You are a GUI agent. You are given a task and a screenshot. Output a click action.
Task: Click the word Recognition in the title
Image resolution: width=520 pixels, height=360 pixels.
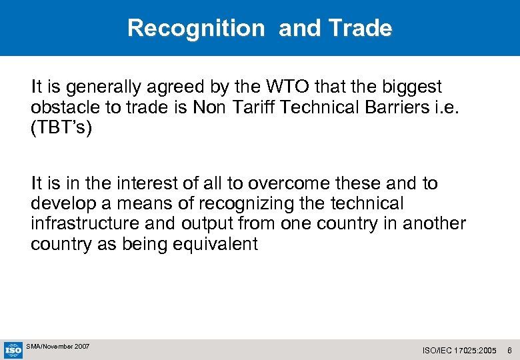196,28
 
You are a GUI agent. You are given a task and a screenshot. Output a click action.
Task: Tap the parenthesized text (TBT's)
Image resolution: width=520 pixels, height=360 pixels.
61,127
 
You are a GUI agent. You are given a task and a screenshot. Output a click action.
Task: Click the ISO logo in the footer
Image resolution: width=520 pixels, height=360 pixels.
13,349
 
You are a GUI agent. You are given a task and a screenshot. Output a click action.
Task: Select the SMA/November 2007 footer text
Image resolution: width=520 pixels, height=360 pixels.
58,347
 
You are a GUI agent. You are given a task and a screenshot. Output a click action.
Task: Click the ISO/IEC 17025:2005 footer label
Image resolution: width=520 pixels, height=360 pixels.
460,350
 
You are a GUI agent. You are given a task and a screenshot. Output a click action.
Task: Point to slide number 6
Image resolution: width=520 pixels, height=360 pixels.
509,350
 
